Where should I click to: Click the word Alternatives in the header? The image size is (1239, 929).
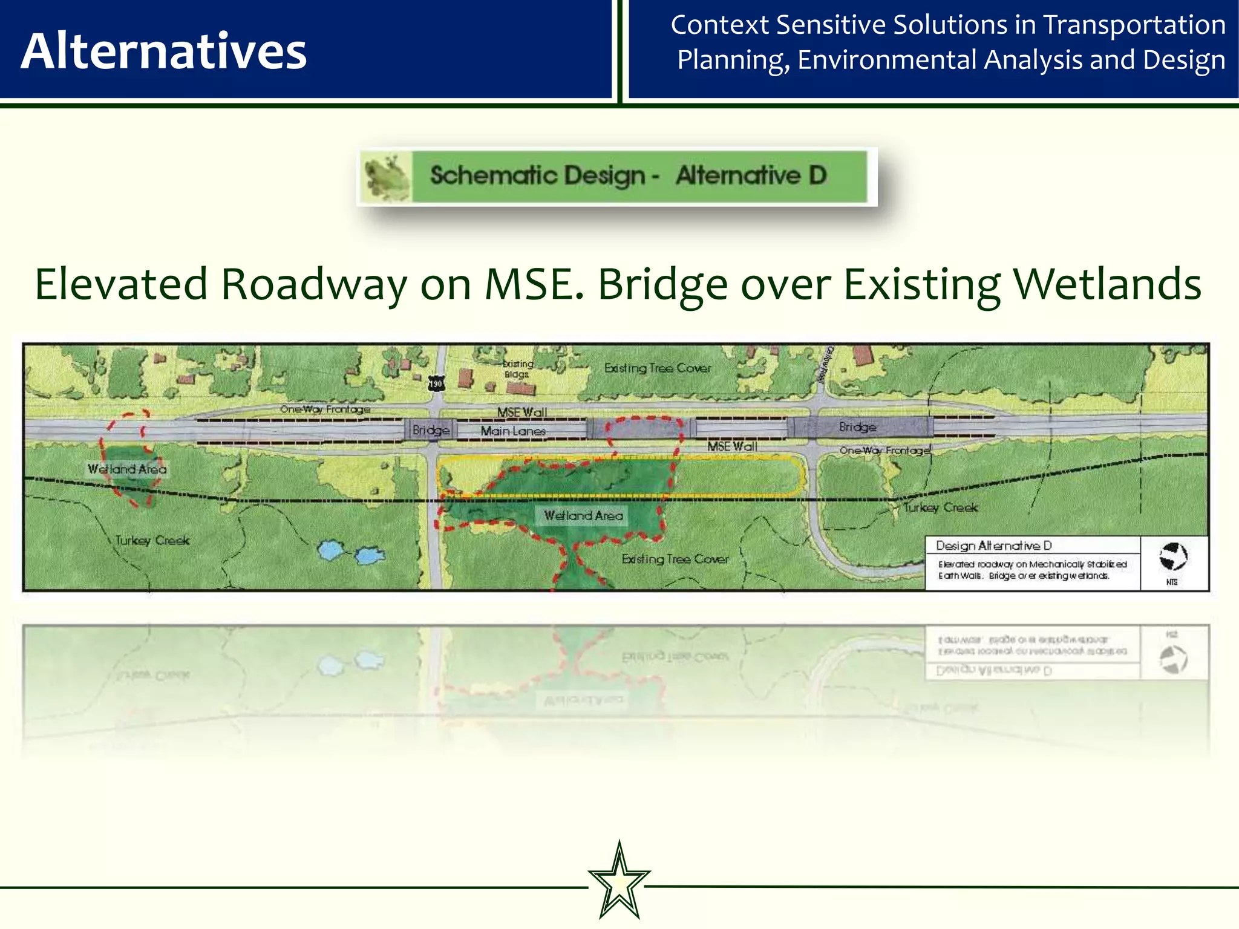[x=163, y=51]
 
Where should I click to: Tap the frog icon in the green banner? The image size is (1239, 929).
[x=385, y=177]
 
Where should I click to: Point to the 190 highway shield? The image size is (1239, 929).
[x=436, y=383]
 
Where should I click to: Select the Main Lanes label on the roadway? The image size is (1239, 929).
[x=513, y=431]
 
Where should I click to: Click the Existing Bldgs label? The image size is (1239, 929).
[x=518, y=369]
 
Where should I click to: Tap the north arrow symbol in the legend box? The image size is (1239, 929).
[x=1173, y=556]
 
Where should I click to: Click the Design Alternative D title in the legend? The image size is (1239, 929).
[x=993, y=546]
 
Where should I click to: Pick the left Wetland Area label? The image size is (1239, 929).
[x=127, y=469]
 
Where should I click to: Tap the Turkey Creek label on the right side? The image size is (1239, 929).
[x=940, y=507]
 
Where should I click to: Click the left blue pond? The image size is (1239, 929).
[x=330, y=550]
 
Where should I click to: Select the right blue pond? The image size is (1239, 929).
[x=369, y=555]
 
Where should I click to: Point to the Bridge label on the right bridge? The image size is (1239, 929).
[x=857, y=427]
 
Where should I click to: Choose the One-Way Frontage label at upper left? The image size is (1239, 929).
[x=325, y=409]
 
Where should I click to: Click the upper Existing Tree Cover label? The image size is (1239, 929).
[x=658, y=368]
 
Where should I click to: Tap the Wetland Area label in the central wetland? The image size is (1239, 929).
[x=583, y=516]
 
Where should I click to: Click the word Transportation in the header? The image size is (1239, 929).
[x=1134, y=25]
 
